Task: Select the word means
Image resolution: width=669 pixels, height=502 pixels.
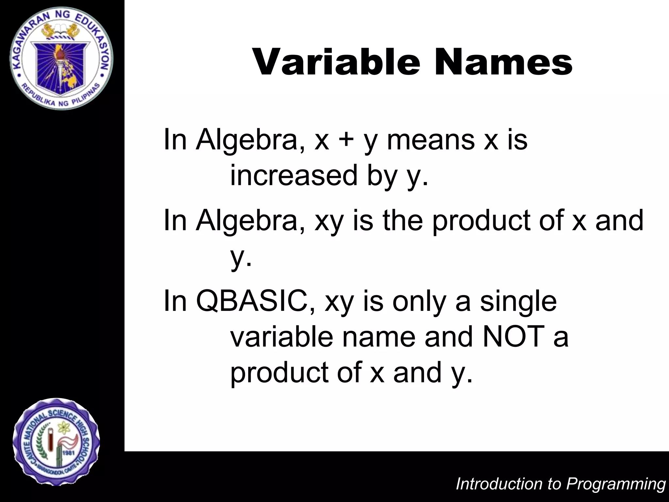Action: [x=431, y=140]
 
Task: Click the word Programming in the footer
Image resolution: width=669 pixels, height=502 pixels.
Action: [x=615, y=484]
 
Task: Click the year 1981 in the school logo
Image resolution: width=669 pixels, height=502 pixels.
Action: [x=69, y=453]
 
